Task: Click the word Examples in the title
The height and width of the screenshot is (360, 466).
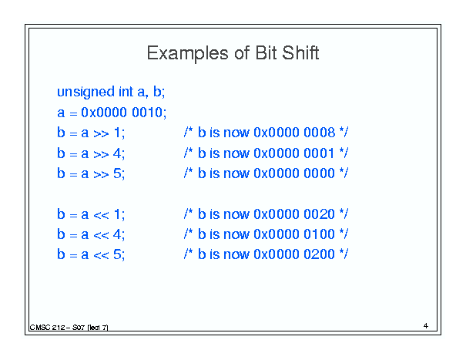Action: click(x=188, y=54)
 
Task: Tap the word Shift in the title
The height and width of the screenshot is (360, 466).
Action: click(x=300, y=52)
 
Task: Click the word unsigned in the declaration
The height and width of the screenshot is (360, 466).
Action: click(x=86, y=93)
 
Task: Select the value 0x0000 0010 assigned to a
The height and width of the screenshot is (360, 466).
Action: click(x=123, y=113)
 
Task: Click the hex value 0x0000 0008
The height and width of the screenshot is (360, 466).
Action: click(x=294, y=133)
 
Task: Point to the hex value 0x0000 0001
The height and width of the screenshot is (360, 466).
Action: click(x=293, y=153)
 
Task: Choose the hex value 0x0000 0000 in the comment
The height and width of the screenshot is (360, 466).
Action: click(x=294, y=173)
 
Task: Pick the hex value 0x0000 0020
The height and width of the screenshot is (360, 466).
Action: click(x=294, y=214)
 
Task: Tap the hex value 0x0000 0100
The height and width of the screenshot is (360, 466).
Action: click(x=294, y=234)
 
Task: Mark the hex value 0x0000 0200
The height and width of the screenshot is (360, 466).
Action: click(x=294, y=254)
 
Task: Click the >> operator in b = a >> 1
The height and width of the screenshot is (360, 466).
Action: click(x=101, y=133)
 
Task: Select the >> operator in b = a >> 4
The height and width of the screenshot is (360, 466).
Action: click(x=101, y=154)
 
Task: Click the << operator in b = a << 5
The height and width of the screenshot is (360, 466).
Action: click(x=101, y=256)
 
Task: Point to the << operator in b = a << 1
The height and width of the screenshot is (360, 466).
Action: click(x=101, y=215)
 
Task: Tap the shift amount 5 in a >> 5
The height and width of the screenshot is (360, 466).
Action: click(x=117, y=173)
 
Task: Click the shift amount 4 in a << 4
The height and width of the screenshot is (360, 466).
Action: click(x=117, y=234)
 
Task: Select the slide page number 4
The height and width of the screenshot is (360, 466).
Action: click(x=426, y=326)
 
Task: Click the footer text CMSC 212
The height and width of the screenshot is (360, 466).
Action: click(x=47, y=328)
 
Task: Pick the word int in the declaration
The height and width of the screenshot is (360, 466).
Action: click(x=126, y=91)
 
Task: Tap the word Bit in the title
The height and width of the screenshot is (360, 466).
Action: click(x=266, y=52)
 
